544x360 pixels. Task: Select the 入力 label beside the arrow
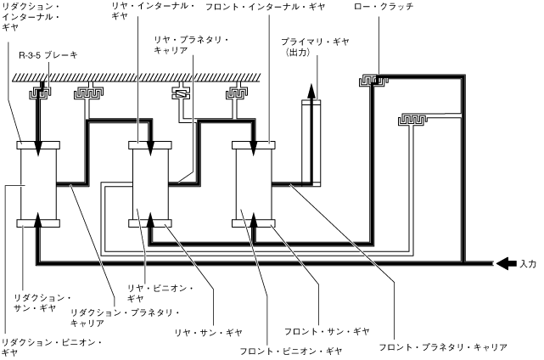[527, 263]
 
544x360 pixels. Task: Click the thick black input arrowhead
[503, 263]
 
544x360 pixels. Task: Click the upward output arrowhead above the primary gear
[311, 90]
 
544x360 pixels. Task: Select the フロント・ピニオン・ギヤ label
[290, 349]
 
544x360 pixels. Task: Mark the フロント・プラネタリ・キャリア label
[442, 346]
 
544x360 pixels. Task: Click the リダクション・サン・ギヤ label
[41, 304]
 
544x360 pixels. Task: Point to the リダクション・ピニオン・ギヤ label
[51, 346]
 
